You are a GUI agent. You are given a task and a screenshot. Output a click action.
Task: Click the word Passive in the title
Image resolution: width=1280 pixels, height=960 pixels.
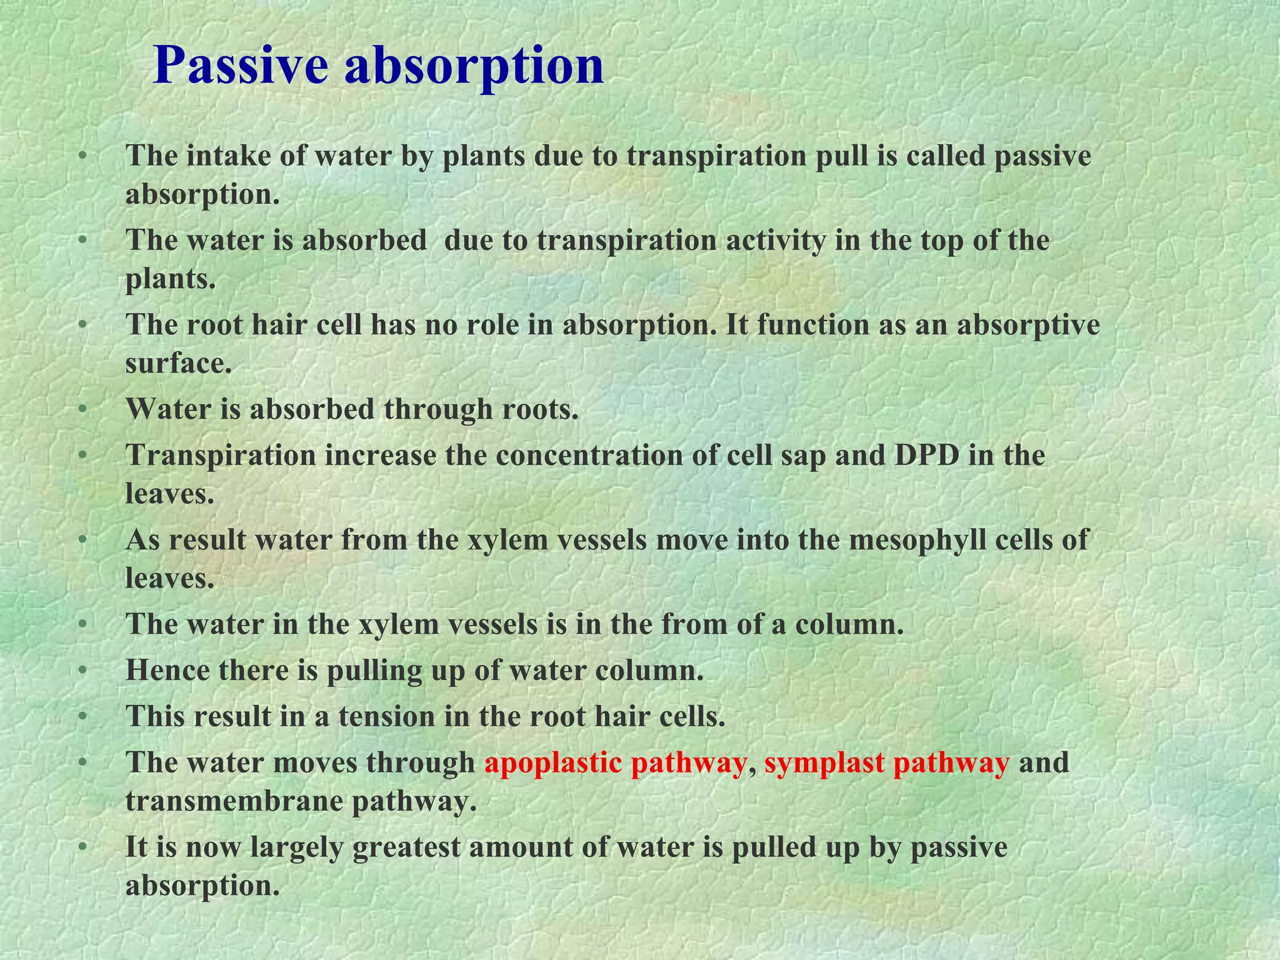(241, 66)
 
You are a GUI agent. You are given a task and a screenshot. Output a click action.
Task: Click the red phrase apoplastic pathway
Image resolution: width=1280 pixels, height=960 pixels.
(615, 762)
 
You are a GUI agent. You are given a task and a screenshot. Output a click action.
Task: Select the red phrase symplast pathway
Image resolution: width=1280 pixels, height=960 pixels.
(886, 762)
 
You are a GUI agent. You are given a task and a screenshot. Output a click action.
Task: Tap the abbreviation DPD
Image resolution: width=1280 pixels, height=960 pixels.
(927, 455)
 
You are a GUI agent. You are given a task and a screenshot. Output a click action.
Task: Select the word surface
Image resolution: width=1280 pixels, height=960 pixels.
(178, 362)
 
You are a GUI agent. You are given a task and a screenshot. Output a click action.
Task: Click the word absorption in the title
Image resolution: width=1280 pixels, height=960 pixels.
(474, 66)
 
